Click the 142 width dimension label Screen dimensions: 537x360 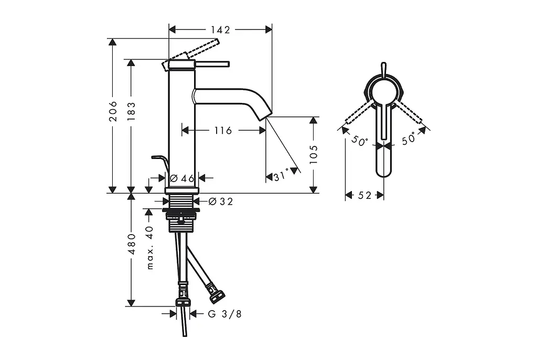click(x=220, y=30)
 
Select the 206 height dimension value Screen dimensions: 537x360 click(x=113, y=111)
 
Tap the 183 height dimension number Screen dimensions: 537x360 click(x=132, y=111)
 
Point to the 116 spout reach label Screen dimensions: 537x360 click(x=223, y=130)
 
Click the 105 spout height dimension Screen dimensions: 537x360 click(x=314, y=154)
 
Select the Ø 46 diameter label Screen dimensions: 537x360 click(x=182, y=178)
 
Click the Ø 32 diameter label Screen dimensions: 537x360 click(x=221, y=202)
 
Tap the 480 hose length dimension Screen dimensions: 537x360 click(x=132, y=243)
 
